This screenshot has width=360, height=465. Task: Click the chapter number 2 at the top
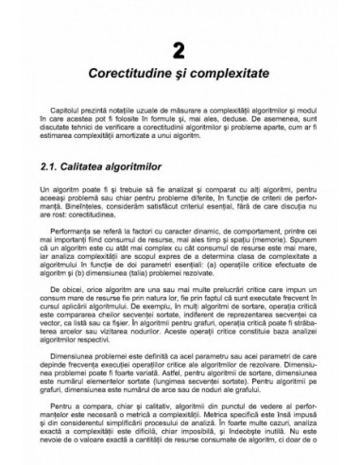point(180,46)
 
